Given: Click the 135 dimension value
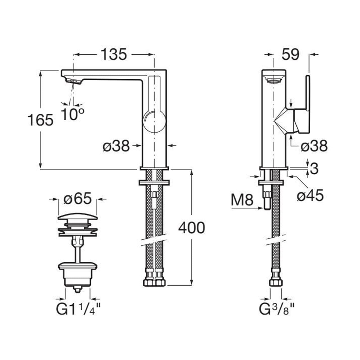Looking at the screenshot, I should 114,55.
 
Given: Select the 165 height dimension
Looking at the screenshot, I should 40,120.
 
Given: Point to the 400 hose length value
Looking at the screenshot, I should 192,228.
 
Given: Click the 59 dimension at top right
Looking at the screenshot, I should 291,55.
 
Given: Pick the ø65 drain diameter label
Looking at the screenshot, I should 78,199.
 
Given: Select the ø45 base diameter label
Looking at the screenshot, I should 310,195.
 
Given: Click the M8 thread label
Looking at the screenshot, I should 242,200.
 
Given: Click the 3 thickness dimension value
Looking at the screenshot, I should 314,169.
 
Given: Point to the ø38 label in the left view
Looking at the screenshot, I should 116,146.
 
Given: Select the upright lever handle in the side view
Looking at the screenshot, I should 308,93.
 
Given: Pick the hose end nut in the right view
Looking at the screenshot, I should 276,282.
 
